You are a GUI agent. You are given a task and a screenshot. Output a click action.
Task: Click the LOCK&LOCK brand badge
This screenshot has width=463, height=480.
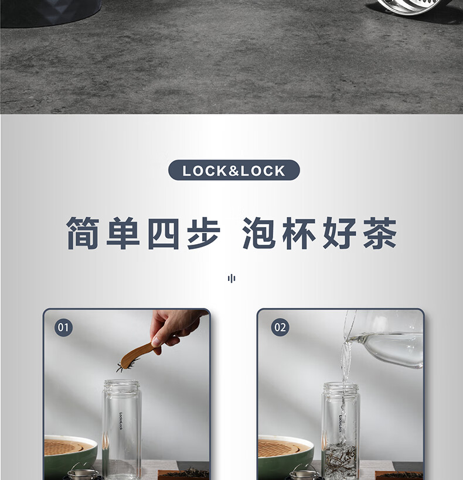point(234,170)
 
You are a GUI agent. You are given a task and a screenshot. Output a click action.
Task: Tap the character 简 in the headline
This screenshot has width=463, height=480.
point(83,232)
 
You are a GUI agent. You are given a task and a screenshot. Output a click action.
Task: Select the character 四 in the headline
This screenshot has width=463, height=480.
point(164,233)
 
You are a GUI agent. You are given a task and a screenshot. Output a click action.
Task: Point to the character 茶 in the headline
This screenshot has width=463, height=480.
point(380,232)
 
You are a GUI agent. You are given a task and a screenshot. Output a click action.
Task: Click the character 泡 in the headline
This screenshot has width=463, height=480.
point(259,232)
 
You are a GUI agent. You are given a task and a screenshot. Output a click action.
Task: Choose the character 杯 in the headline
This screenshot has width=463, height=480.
point(299,233)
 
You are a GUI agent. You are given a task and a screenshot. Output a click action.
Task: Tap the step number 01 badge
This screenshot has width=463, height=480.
point(63,327)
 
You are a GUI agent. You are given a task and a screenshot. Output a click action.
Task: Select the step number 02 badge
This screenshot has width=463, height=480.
point(280,327)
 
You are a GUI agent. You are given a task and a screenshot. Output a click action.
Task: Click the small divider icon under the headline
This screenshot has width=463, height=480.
point(231,279)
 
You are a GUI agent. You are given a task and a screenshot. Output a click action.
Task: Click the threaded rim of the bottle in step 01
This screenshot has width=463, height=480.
point(121,386)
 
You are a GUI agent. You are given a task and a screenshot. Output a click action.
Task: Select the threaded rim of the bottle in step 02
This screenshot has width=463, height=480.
point(341,388)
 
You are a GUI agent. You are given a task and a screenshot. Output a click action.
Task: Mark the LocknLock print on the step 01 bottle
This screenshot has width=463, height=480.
point(121,421)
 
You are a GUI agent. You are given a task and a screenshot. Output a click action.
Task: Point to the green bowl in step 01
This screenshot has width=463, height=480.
point(70,456)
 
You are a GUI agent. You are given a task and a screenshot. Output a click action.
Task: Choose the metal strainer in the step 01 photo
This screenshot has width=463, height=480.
point(83,472)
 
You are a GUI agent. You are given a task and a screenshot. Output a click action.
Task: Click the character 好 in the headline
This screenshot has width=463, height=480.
point(339,232)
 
